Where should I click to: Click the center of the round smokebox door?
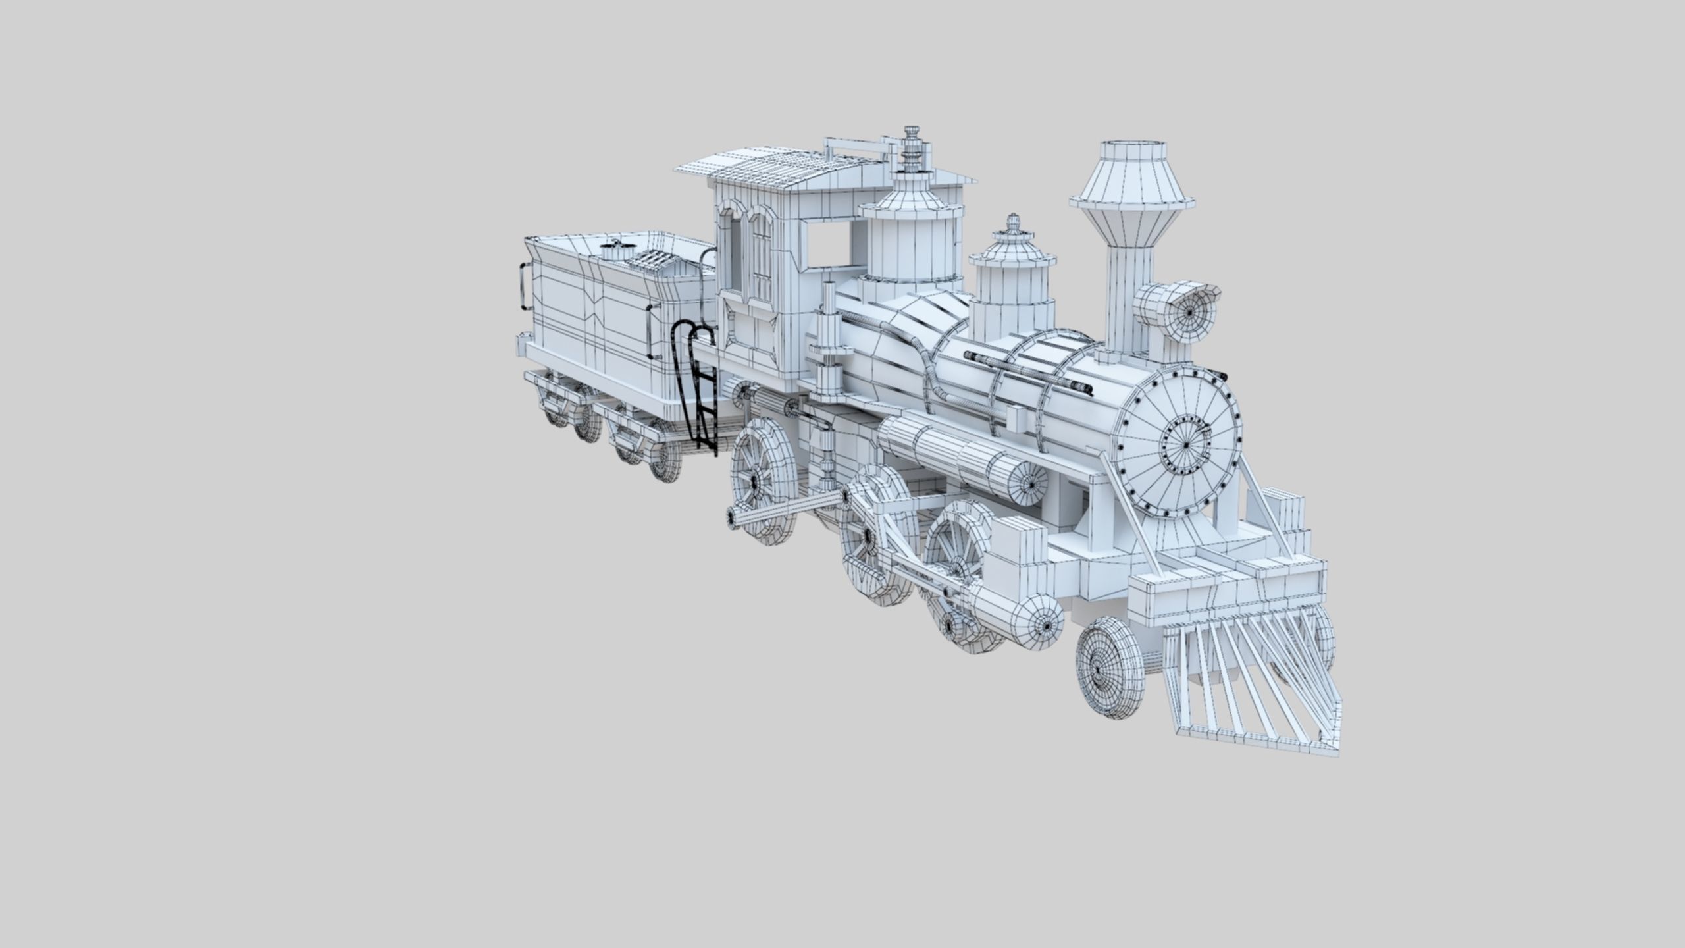click(x=1186, y=445)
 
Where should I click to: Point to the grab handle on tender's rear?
click(x=524, y=286)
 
